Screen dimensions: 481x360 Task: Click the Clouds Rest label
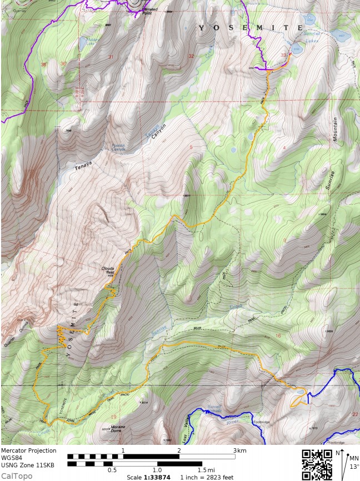tap(108, 271)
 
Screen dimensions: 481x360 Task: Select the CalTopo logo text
tap(17, 476)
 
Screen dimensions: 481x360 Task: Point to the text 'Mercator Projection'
tap(29, 450)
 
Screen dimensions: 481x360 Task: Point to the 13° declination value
tap(354, 466)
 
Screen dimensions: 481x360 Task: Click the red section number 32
tap(192, 56)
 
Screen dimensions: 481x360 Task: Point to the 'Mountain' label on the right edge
tap(335, 130)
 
